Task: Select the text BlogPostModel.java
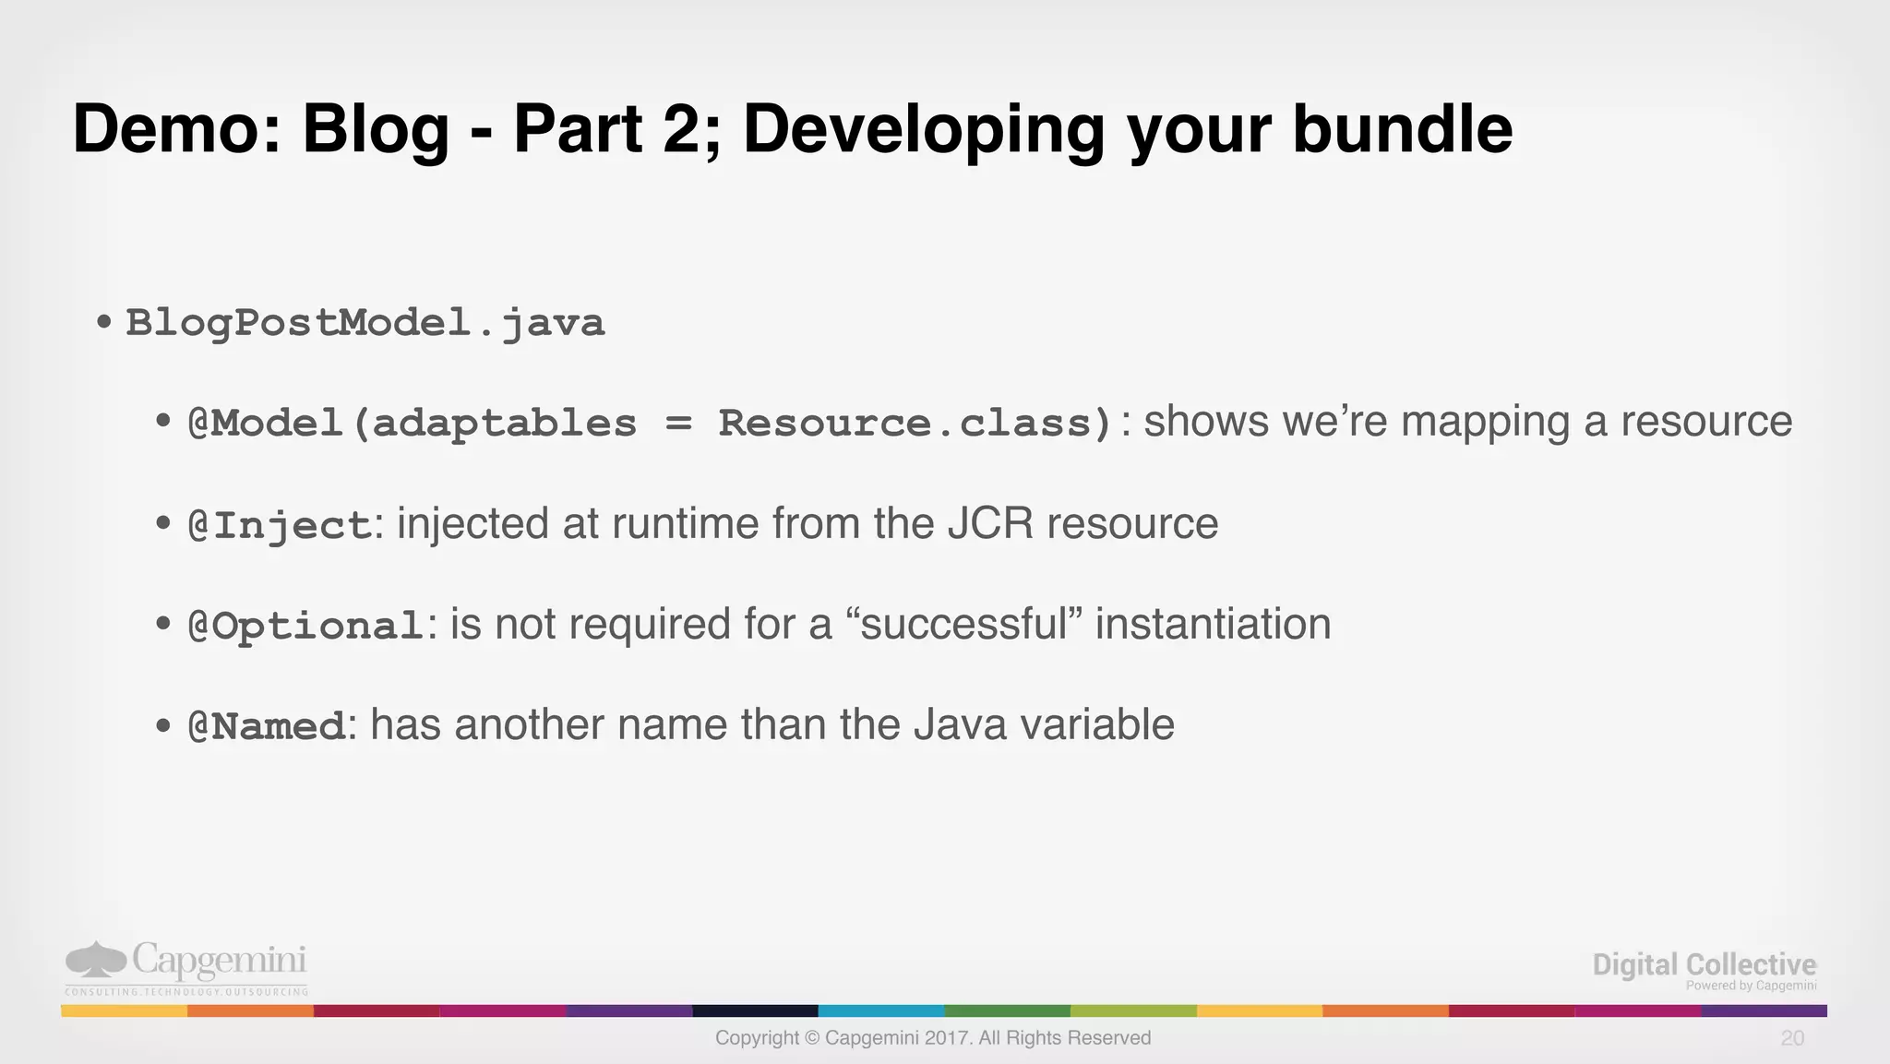tap(365, 323)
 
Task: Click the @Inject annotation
tap(280, 525)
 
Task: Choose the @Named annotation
tap(267, 726)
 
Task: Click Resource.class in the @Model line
tap(915, 424)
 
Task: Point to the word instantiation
tap(1213, 625)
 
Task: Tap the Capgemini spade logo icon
tap(95, 960)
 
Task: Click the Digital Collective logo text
tap(1704, 965)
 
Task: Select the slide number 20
tap(1792, 1038)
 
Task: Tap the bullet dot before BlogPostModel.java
tap(104, 323)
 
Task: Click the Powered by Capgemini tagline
tap(1751, 986)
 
